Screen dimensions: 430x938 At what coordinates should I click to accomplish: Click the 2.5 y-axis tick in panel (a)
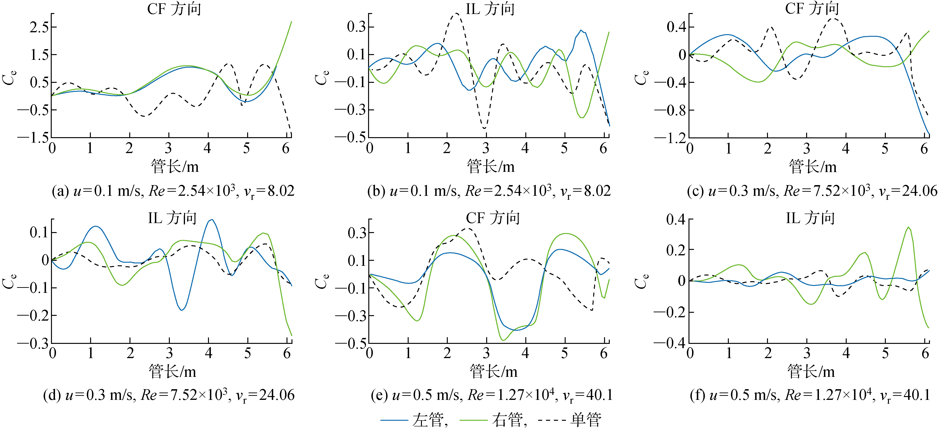(39, 27)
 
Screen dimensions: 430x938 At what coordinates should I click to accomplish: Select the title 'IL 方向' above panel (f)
(810, 218)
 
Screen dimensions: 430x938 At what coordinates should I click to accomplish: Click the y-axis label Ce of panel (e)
(322, 281)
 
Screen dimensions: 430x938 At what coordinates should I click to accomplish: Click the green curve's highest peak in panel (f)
(909, 227)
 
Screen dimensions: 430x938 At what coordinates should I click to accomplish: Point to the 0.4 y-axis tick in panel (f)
(675, 219)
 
